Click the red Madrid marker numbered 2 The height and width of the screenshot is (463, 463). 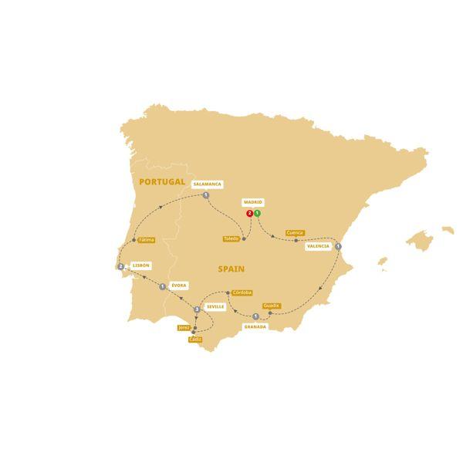[249, 213]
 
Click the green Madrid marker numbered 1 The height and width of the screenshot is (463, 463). [257, 213]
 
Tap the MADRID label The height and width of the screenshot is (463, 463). [253, 202]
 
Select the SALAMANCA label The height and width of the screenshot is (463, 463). [208, 184]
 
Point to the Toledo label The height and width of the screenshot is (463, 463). [231, 239]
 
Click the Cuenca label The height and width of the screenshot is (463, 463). [295, 232]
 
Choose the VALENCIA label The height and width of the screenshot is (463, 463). [317, 247]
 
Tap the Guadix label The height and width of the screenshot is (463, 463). [271, 306]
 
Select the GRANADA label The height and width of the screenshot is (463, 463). [255, 326]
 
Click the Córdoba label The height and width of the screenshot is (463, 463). [242, 292]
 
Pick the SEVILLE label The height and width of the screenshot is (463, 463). [215, 306]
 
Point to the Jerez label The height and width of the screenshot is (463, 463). [184, 327]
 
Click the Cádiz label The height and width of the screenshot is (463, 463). [195, 340]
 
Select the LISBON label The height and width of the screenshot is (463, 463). [140, 265]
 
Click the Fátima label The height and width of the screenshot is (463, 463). [147, 240]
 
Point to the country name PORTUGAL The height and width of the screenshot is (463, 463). [162, 181]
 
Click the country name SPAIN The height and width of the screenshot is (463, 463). [231, 269]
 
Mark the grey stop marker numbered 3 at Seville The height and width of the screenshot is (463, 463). [198, 309]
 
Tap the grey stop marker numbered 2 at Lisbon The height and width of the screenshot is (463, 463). [121, 267]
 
